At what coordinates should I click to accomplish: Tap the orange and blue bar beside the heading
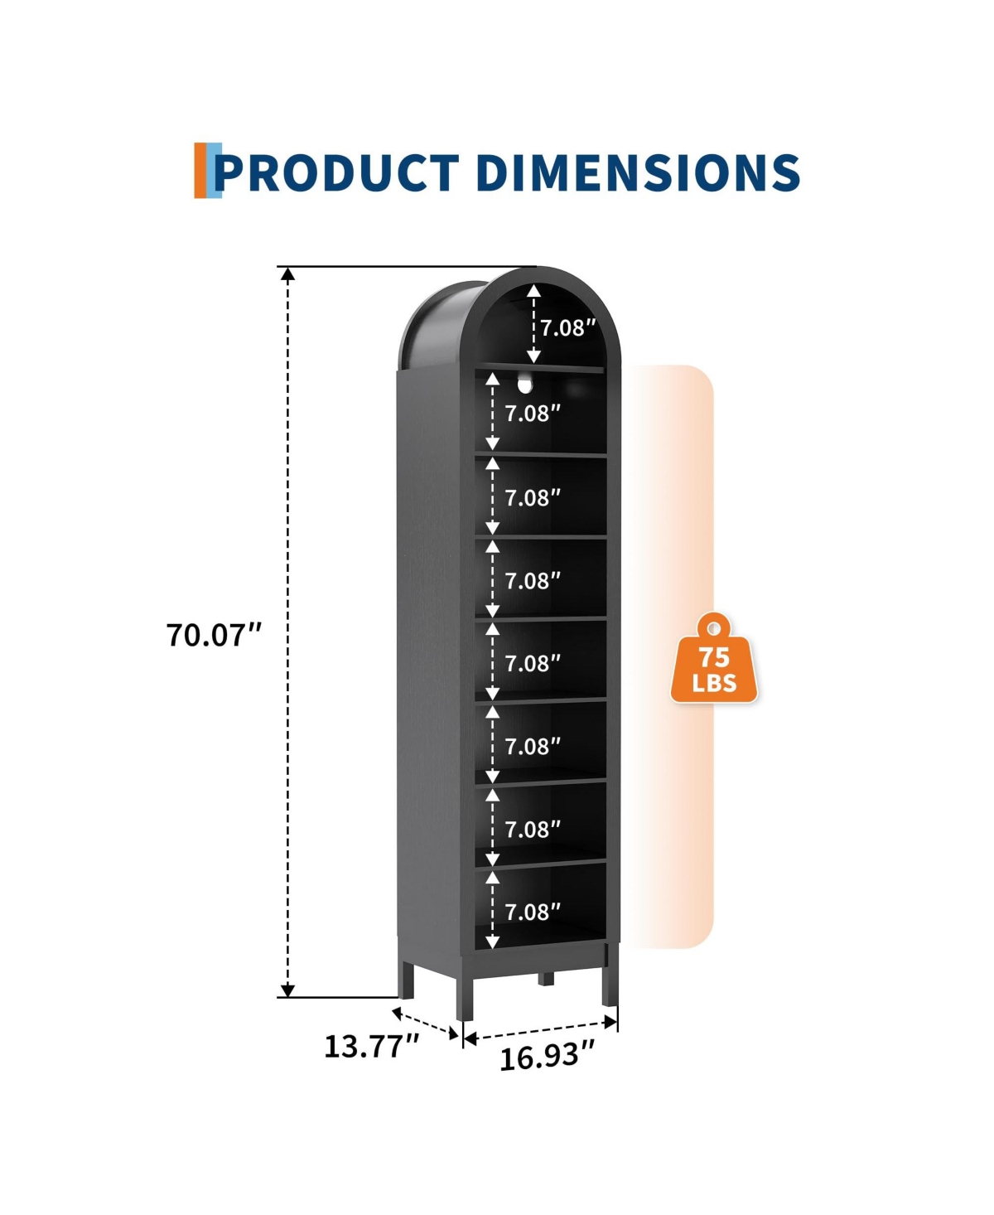click(x=208, y=171)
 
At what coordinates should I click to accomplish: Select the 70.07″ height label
click(x=214, y=635)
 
